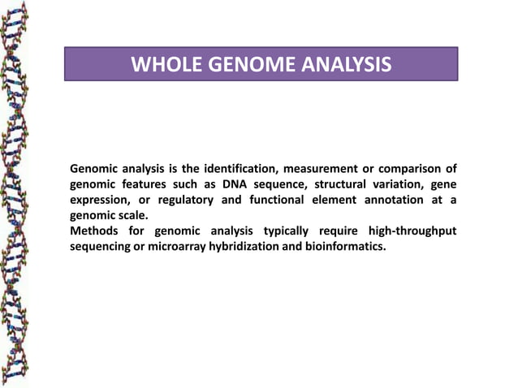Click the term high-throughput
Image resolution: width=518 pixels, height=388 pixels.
tap(412, 231)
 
